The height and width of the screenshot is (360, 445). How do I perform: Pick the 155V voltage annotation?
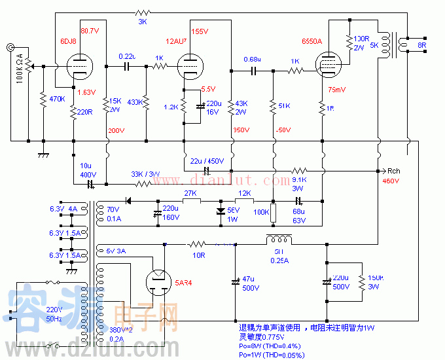(200, 31)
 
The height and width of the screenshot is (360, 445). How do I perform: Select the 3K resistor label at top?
(142, 22)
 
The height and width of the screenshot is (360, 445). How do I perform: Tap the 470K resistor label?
(58, 99)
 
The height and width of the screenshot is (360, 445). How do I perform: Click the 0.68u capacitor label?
(253, 60)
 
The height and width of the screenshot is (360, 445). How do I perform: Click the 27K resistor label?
(190, 194)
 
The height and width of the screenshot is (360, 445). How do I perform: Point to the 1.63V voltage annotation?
(87, 92)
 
